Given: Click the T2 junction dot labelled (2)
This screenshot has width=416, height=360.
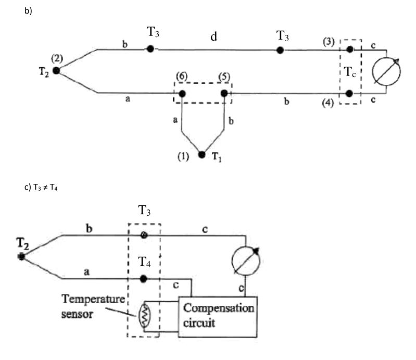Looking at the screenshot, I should coord(56,71).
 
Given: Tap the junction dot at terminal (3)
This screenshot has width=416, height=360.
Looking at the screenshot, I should coord(350,49).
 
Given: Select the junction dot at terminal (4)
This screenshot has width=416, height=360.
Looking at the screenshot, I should coord(350,93).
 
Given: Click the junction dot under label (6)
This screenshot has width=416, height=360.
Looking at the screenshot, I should coord(182,94).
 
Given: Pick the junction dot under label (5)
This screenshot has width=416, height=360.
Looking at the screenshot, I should coord(224,94).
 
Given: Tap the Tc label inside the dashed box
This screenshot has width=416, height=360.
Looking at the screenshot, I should coord(350,72).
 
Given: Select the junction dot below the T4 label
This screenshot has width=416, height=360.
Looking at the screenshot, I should coord(144,279).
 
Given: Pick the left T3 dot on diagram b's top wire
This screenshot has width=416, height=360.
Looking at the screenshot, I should coord(150,49).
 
